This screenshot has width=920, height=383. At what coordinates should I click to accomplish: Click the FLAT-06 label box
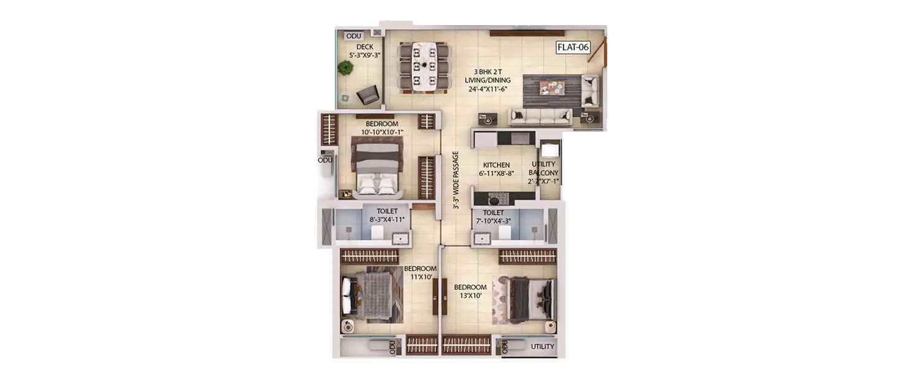tap(573, 47)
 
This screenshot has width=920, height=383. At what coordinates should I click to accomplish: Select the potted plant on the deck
tap(345, 68)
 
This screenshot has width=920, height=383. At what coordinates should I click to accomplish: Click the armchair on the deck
tap(368, 94)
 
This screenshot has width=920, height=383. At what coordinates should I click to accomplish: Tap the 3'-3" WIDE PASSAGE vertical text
tap(456, 180)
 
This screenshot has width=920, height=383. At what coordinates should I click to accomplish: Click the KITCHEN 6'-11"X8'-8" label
tap(496, 169)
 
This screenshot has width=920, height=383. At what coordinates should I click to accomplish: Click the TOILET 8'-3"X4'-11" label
tap(383, 215)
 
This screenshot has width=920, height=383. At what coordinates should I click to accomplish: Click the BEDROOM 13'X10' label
tap(470, 292)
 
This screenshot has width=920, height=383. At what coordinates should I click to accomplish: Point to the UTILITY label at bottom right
tap(542, 347)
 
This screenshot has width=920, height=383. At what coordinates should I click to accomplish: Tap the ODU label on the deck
tap(354, 36)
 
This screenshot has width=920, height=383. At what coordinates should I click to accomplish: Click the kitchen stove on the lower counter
tap(497, 199)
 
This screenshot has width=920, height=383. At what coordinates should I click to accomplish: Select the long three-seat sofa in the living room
tap(541, 116)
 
